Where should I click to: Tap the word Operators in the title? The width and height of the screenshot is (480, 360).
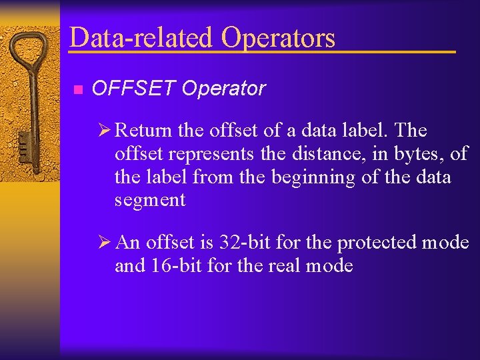(278, 37)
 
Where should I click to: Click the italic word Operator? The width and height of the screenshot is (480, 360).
(223, 89)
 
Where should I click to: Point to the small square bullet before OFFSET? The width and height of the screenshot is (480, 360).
(77, 89)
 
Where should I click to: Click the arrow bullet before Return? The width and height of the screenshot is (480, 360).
(105, 130)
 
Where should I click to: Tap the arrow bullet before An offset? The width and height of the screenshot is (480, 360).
(105, 242)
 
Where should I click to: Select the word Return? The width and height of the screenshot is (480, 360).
(144, 131)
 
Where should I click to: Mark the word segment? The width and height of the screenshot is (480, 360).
(150, 201)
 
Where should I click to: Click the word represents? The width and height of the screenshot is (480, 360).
(211, 155)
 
